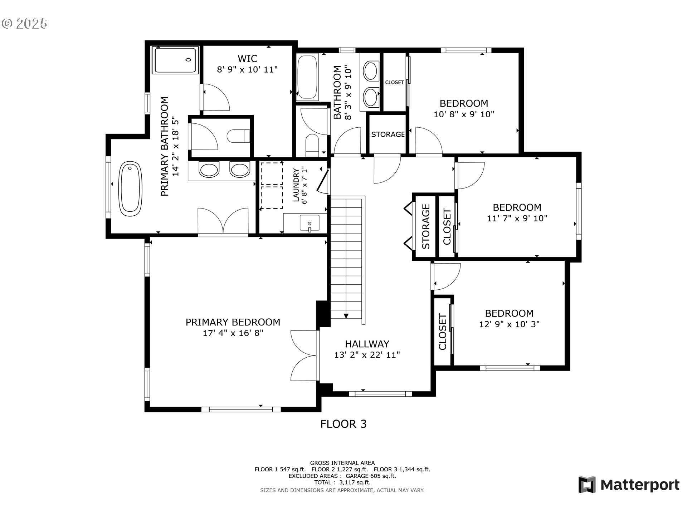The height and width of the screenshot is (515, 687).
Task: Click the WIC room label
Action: pyautogui.click(x=247, y=58)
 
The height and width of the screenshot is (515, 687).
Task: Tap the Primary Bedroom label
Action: pyautogui.click(x=233, y=322)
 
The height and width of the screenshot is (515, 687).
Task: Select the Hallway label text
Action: pyautogui.click(x=367, y=344)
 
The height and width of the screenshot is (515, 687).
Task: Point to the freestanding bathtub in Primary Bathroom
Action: pyautogui.click(x=130, y=189)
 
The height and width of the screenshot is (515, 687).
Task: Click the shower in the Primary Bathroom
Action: pyautogui.click(x=175, y=60)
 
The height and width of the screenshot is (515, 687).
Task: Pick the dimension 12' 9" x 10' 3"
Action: pyautogui.click(x=509, y=324)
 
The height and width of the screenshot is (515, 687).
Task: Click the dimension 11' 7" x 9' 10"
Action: pyautogui.click(x=517, y=218)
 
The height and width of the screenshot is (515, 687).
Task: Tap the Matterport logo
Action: pyautogui.click(x=629, y=485)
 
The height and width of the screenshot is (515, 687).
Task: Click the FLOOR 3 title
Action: pyautogui.click(x=343, y=424)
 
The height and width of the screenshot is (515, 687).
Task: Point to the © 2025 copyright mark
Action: pyautogui.click(x=24, y=24)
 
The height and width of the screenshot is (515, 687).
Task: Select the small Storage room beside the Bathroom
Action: pyautogui.click(x=388, y=134)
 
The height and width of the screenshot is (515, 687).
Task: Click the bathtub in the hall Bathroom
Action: pyautogui.click(x=307, y=77)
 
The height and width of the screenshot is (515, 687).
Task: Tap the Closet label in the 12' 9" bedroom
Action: pyautogui.click(x=443, y=332)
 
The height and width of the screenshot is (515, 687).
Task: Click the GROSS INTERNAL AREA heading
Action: pyautogui.click(x=342, y=463)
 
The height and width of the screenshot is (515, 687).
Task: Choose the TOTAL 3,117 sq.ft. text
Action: pyautogui.click(x=342, y=482)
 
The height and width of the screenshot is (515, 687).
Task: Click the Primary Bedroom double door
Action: pyautogui.click(x=304, y=355)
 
